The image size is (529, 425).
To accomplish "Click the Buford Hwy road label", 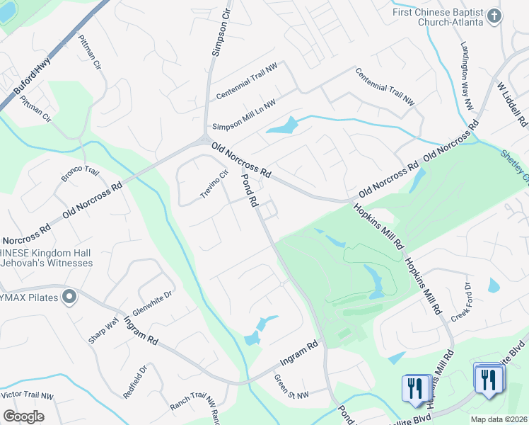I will pos(32,79).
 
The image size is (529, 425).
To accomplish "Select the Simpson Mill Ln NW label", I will pos(245,112).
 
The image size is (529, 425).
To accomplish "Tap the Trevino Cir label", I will pos(214,185).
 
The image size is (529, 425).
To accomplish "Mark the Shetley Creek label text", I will pos(515,164).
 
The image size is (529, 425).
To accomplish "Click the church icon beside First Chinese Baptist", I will pos(494,15).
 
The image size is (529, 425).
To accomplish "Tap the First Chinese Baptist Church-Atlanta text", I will pos(438,17).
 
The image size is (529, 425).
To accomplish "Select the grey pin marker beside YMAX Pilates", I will pos(69,296).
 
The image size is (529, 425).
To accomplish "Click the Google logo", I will pos(23,416).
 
